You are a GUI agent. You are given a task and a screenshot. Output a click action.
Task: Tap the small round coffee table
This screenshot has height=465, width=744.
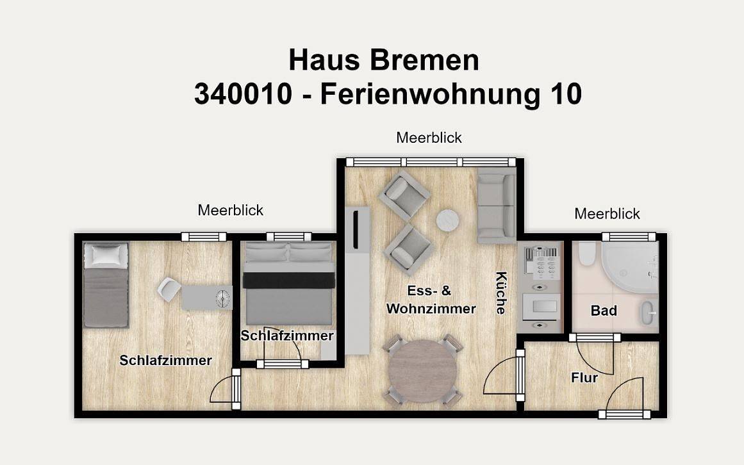(x=448, y=222)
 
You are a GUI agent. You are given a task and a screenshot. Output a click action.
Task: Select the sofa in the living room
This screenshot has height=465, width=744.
(x=496, y=205)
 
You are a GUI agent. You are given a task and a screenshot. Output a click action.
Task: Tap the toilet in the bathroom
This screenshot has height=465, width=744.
(x=585, y=257)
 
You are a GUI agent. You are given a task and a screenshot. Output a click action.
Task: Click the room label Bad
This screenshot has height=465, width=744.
(x=604, y=311)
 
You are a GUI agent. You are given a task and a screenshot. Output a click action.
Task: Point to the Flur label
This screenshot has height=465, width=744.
(x=584, y=378)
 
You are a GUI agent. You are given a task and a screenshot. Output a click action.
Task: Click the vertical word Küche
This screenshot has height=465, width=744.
(x=501, y=293)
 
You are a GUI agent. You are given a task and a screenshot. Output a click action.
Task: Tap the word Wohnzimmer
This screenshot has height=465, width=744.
(x=431, y=309)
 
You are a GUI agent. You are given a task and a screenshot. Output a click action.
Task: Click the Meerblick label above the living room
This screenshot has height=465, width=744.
(x=429, y=138)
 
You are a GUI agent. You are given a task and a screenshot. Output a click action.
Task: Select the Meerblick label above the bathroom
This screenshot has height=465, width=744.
(x=607, y=214)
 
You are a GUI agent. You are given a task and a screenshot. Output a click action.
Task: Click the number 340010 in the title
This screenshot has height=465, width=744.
(x=243, y=94)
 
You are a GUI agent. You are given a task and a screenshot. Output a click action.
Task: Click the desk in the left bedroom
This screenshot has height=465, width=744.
(x=206, y=298)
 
